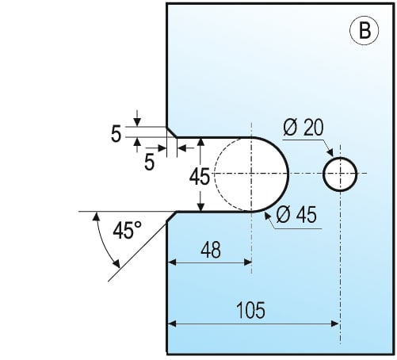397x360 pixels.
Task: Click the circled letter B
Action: point(364,30)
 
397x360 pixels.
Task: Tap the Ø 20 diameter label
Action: point(303,128)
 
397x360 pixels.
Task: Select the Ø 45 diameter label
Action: point(296,214)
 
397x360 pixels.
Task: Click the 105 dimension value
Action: point(250,310)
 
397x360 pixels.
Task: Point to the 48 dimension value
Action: point(211,250)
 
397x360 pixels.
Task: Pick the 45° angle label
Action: point(127,230)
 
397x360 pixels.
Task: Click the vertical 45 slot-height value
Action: point(200,177)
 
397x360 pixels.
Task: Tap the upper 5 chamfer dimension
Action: point(116,134)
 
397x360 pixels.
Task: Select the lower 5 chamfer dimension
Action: point(149,162)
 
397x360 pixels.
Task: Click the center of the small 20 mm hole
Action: point(340,174)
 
